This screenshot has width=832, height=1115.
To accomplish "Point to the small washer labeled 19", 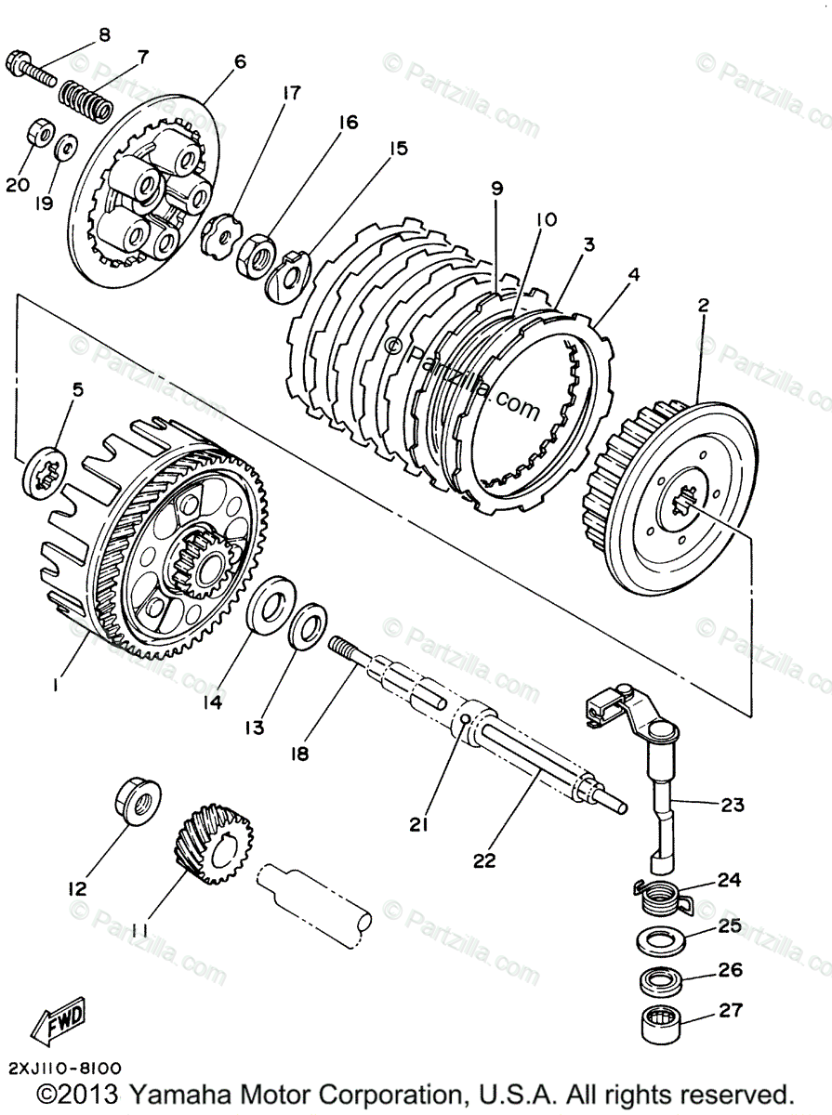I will pyautogui.click(x=66, y=147).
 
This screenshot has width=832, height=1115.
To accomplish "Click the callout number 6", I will pyautogui.click(x=240, y=63).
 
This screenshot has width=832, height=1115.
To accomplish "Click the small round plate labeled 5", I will pyautogui.click(x=43, y=472).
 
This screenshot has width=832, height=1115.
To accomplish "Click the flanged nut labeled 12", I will pyautogui.click(x=137, y=801).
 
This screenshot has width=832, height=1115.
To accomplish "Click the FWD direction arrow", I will pyautogui.click(x=59, y=1019).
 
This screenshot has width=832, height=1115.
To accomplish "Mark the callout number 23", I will pyautogui.click(x=732, y=806).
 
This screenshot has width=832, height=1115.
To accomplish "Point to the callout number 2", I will pyautogui.click(x=703, y=305).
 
